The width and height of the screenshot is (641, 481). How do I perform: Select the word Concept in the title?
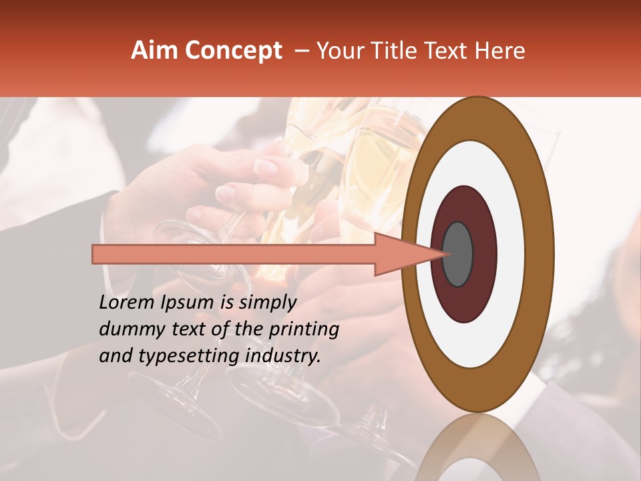232,51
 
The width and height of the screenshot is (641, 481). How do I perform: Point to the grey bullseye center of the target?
457,254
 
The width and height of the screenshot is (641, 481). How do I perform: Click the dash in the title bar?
302,51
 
